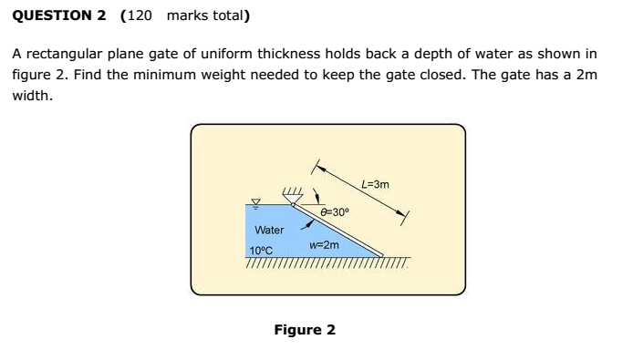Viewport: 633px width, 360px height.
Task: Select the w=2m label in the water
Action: click(324, 245)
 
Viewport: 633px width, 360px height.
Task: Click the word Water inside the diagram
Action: click(269, 230)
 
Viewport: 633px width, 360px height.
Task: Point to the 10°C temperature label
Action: click(261, 251)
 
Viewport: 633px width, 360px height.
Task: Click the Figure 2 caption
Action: click(305, 329)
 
